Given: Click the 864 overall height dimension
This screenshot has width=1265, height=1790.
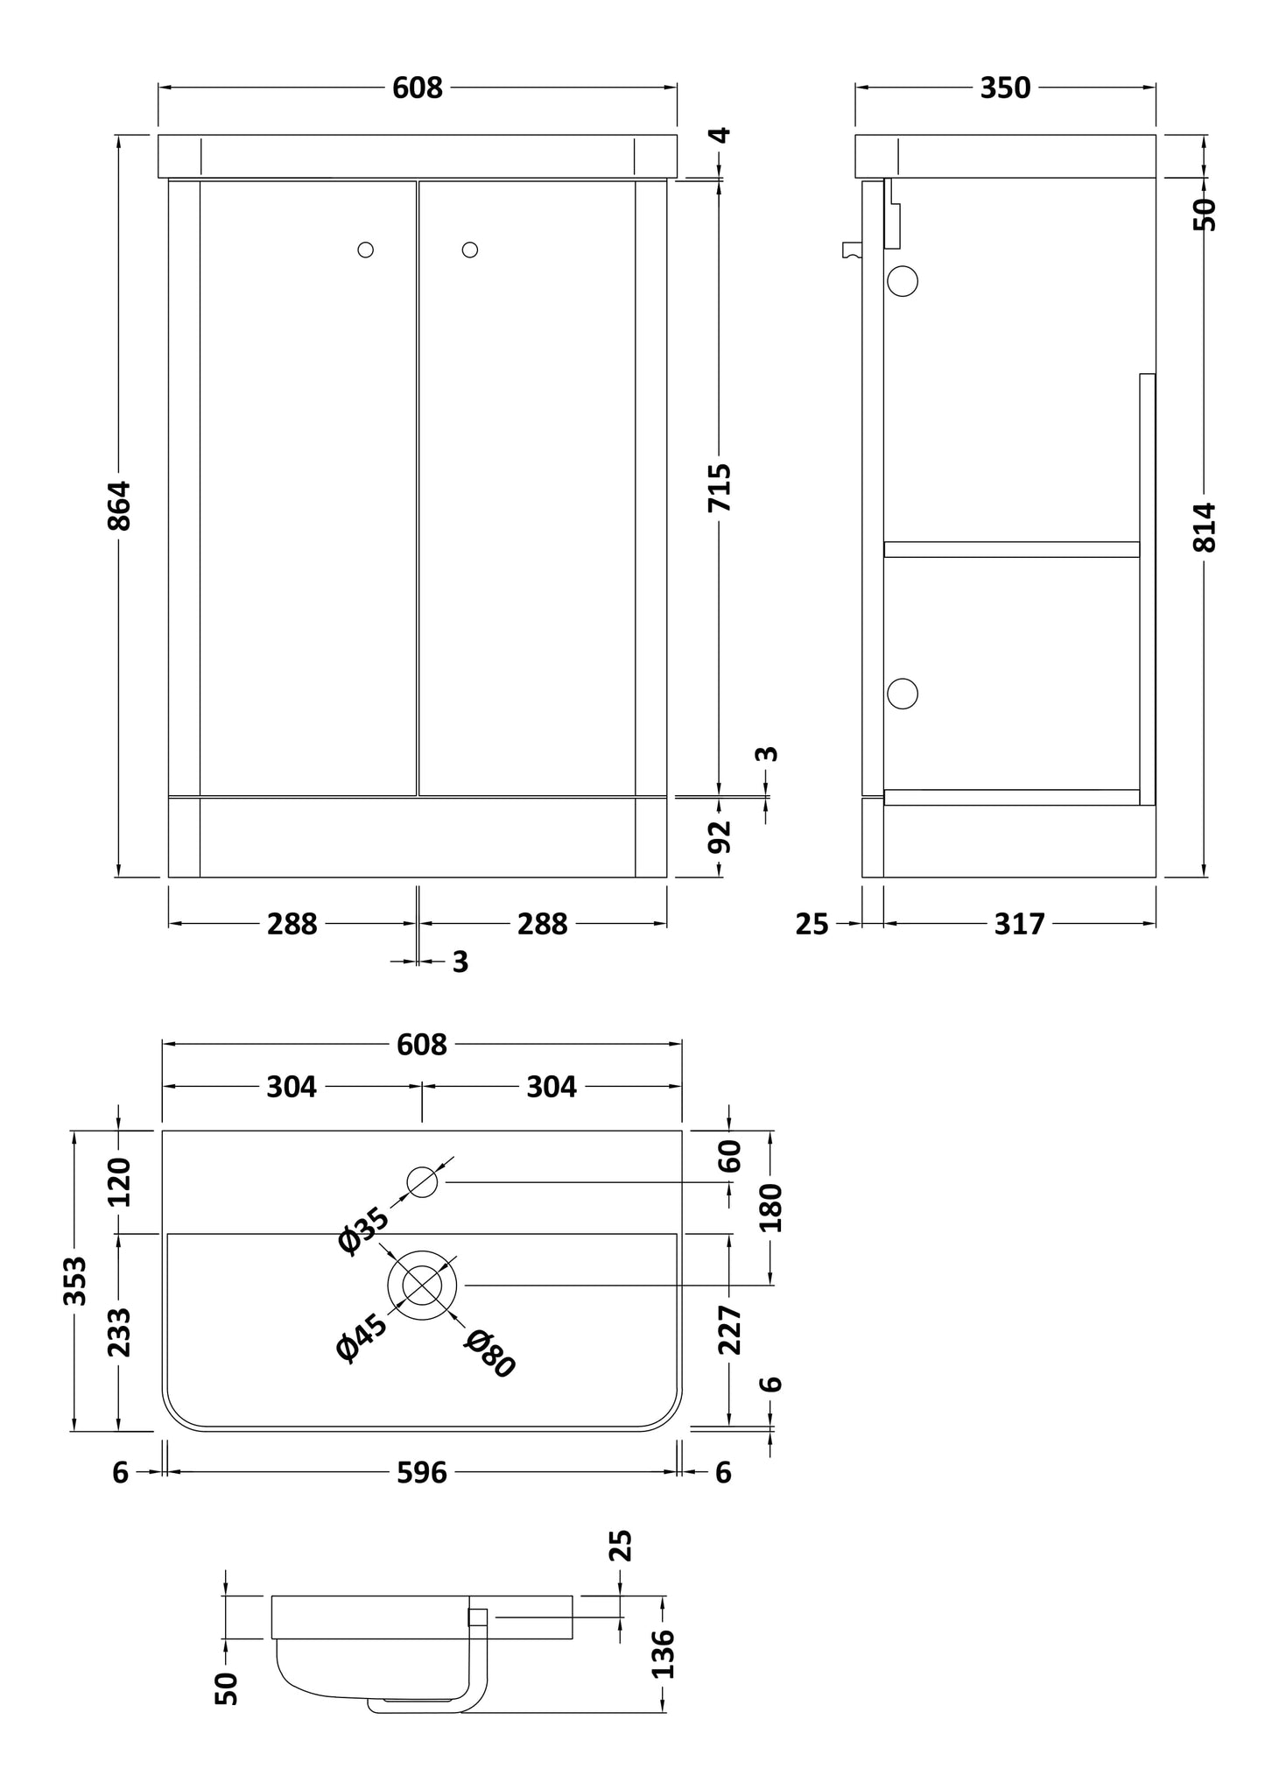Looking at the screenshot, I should click(x=119, y=505).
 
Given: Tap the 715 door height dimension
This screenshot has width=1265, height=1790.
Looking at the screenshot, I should click(x=719, y=488).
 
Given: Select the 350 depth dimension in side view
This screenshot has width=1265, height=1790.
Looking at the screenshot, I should click(x=1005, y=88).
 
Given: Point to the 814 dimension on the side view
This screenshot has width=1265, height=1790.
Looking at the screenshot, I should click(x=1205, y=526).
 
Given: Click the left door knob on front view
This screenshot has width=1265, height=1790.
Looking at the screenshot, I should click(x=366, y=250).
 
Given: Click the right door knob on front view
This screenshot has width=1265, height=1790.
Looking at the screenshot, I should click(x=470, y=250).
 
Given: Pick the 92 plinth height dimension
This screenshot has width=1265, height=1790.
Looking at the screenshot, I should click(x=720, y=836).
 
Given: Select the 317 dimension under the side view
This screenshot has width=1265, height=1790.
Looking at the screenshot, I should click(x=1019, y=924).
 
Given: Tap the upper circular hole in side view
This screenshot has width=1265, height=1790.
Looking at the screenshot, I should click(x=903, y=282).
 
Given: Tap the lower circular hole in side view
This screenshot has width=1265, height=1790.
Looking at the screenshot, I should click(x=903, y=693).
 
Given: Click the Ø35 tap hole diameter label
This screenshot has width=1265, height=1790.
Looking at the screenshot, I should click(x=362, y=1230).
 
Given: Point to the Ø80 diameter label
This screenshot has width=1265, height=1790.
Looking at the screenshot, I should click(x=490, y=1354).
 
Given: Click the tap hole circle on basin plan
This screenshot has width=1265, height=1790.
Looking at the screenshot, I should click(x=422, y=1182).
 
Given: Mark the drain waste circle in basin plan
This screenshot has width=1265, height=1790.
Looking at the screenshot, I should click(x=422, y=1285).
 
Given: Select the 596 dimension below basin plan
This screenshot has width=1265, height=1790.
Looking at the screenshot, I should click(x=422, y=1473).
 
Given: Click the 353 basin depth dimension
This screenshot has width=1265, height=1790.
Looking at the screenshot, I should click(x=75, y=1280).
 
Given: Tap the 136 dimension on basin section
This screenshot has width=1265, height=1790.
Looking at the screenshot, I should click(x=664, y=1653).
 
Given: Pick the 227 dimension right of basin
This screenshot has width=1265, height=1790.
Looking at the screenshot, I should click(x=729, y=1329).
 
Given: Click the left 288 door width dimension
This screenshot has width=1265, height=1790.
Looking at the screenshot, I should click(x=292, y=924).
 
